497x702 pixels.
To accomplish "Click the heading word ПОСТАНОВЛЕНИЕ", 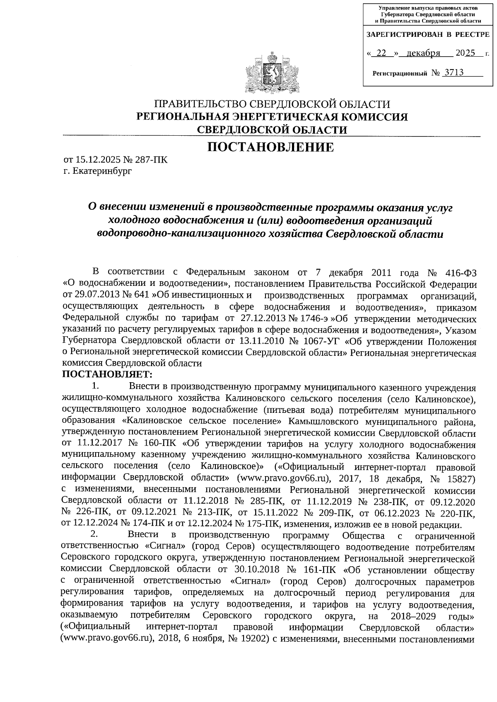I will click(x=270, y=147).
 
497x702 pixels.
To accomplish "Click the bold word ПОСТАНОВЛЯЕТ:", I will click(x=107, y=375).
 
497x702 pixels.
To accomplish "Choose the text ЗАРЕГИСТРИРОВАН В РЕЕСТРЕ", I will click(x=428, y=35).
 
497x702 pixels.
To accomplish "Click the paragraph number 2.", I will click(x=94, y=536).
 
